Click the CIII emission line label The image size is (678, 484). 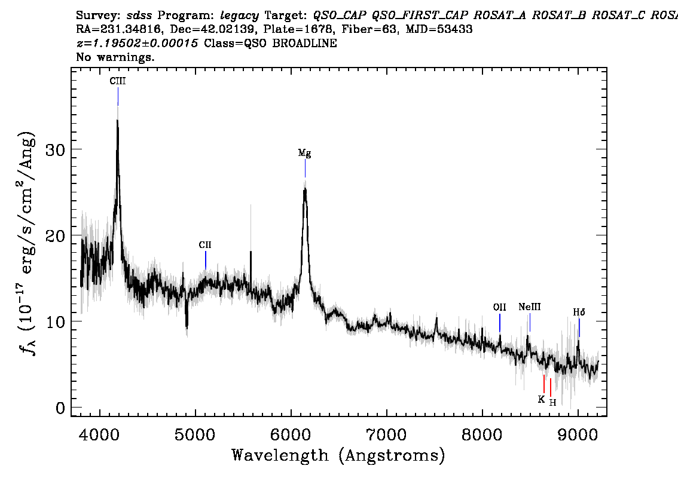(117, 81)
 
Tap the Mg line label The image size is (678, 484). (305, 154)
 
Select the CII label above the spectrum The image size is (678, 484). (205, 245)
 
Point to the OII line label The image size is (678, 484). (499, 307)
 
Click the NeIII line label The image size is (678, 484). (529, 307)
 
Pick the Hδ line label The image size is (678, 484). (579, 312)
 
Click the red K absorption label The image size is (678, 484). (541, 399)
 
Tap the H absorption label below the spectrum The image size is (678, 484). (552, 402)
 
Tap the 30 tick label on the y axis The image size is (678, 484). (54, 149)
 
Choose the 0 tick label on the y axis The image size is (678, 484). (60, 408)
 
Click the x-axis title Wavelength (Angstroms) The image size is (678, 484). (338, 455)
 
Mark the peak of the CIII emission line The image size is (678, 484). (117, 121)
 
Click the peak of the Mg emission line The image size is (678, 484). (305, 189)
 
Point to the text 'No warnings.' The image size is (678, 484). (115, 58)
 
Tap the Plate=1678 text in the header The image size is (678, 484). (293, 29)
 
